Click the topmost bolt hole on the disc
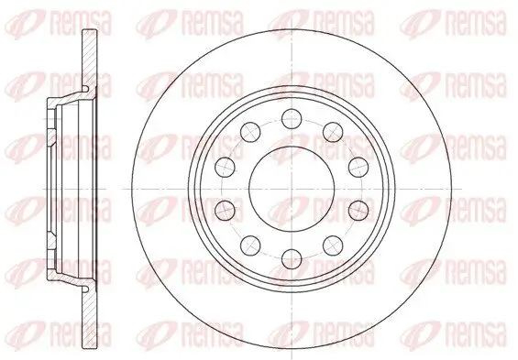292,119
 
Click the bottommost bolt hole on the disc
292,259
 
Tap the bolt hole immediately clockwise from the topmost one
333,132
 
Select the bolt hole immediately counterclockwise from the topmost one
250,132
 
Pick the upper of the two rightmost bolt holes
358,168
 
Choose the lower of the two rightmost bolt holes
358,211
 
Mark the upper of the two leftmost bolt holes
225,168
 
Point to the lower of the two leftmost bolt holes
225,211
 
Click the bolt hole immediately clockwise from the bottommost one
250,245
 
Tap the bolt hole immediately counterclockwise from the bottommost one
333,245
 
